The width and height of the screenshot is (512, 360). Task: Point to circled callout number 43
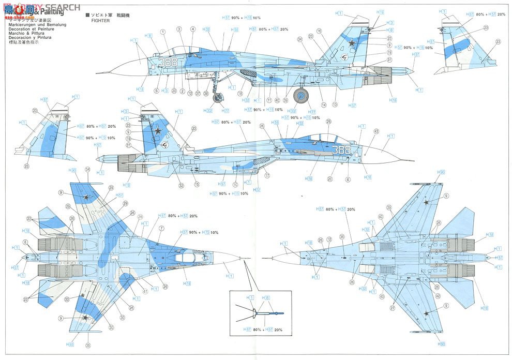click(x=376, y=131)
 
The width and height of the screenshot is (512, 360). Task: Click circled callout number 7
click(x=161, y=228)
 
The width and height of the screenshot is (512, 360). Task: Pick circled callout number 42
click(x=438, y=296)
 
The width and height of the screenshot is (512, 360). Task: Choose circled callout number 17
click(x=267, y=175)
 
